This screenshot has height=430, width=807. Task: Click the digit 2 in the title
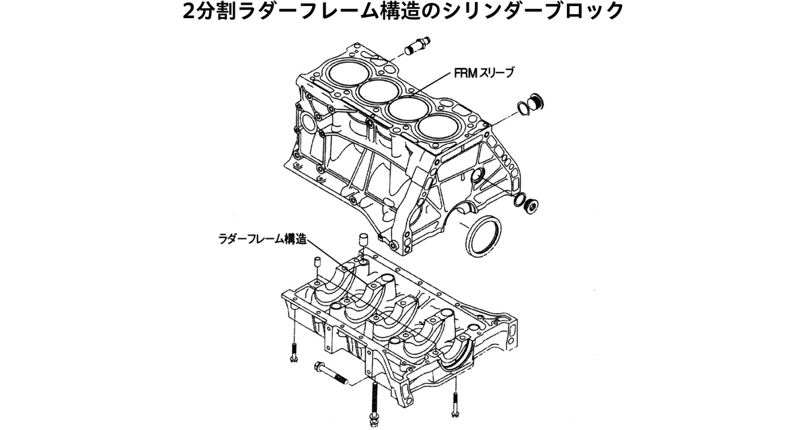click(192, 13)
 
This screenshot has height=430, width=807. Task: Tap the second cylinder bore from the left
click(377, 91)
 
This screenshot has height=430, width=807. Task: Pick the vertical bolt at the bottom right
click(455, 403)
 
